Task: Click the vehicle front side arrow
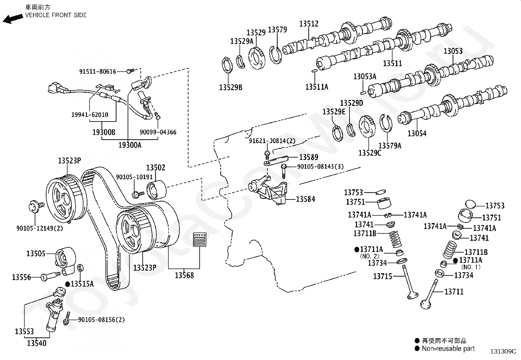[x=11, y=18]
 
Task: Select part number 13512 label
[x=309, y=24]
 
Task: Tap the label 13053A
[x=365, y=77]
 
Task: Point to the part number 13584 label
[x=305, y=199]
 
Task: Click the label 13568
[x=184, y=275]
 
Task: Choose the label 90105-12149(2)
[x=40, y=228]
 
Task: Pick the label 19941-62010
[x=90, y=115]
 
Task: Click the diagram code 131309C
[x=503, y=351]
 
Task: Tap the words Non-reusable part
[x=448, y=349]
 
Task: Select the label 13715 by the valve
[x=383, y=276]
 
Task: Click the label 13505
[x=36, y=254]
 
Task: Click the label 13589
[x=309, y=157]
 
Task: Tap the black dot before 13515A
[x=67, y=284]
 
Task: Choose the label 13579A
[x=389, y=146]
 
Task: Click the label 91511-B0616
[x=98, y=71]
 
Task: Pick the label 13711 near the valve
[x=454, y=291]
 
